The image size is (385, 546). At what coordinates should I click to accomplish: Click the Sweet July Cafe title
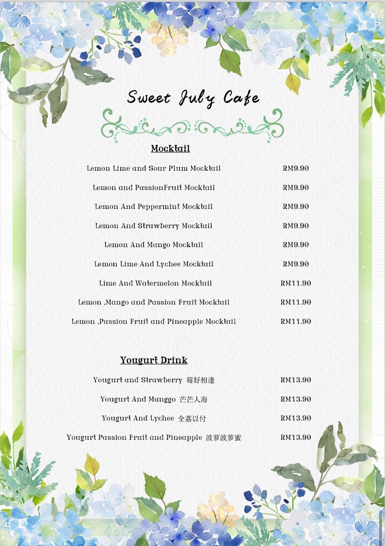point(193,98)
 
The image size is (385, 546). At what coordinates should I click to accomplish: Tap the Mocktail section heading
point(170,149)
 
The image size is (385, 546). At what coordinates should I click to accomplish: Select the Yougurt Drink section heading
point(154,360)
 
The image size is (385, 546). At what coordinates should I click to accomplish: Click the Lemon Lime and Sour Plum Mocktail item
point(154,168)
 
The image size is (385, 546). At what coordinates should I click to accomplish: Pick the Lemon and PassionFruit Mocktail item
point(154,187)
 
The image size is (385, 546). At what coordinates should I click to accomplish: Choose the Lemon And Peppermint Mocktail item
point(154,207)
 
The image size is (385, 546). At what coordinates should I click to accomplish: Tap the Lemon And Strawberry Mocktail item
point(154,226)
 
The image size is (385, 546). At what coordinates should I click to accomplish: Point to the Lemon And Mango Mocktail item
point(154,245)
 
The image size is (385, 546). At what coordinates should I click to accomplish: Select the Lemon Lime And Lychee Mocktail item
point(154,264)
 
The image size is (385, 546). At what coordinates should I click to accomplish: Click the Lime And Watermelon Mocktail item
point(156,283)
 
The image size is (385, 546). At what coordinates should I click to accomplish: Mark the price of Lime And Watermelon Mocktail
point(296,283)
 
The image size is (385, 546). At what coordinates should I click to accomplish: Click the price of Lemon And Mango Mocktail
point(296,245)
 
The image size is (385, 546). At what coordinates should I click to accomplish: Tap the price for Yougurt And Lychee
point(296,418)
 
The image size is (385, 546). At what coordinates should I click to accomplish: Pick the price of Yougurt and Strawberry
point(296,380)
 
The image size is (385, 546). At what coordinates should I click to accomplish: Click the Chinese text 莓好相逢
point(200,380)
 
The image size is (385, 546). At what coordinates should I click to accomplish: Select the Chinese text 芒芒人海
point(194,399)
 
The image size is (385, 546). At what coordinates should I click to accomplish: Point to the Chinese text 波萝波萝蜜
point(223,438)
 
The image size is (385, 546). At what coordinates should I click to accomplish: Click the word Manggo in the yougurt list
point(162,399)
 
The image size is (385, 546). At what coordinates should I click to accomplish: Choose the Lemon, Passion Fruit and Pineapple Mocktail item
point(154,321)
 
